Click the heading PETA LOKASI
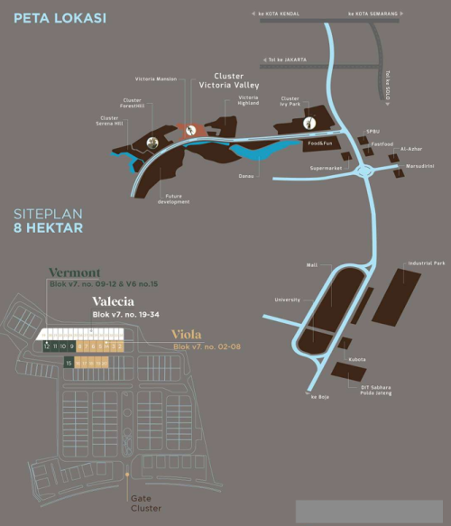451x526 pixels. click(60, 17)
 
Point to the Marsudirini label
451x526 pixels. click(421, 166)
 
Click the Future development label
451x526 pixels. click(178, 199)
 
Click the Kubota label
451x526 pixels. click(358, 359)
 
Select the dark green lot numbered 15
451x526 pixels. click(69, 362)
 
